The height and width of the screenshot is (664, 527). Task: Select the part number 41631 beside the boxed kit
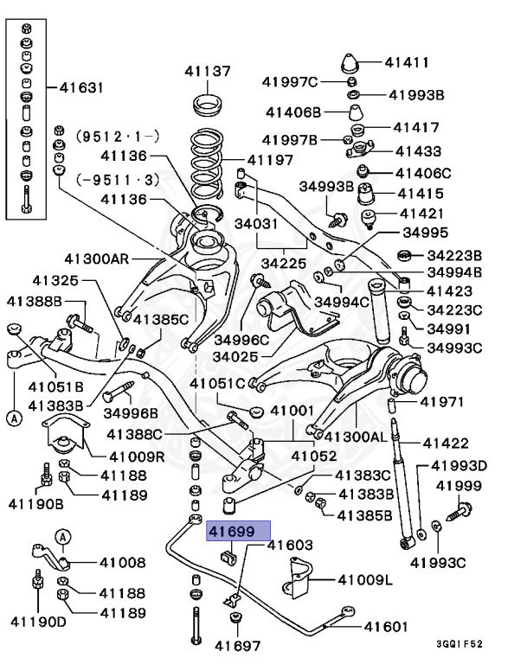[x=81, y=87]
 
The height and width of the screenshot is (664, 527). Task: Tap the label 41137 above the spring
[x=207, y=71]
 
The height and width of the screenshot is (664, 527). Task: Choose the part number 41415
[x=420, y=193]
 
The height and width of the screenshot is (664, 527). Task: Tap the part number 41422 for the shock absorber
[x=445, y=444]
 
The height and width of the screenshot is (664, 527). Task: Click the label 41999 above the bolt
[x=458, y=486]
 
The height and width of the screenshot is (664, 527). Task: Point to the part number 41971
[x=443, y=402]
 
